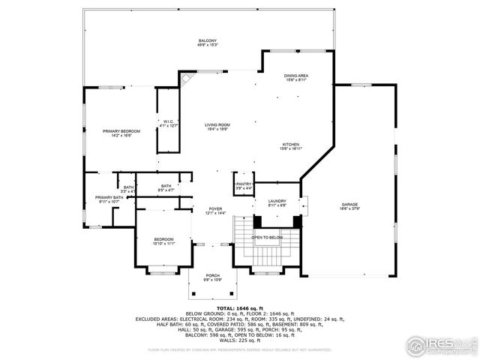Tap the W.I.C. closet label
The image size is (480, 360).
tap(169, 123)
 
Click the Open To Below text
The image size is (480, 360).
tap(267, 236)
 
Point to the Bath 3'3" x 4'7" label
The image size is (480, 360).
tap(128, 189)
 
